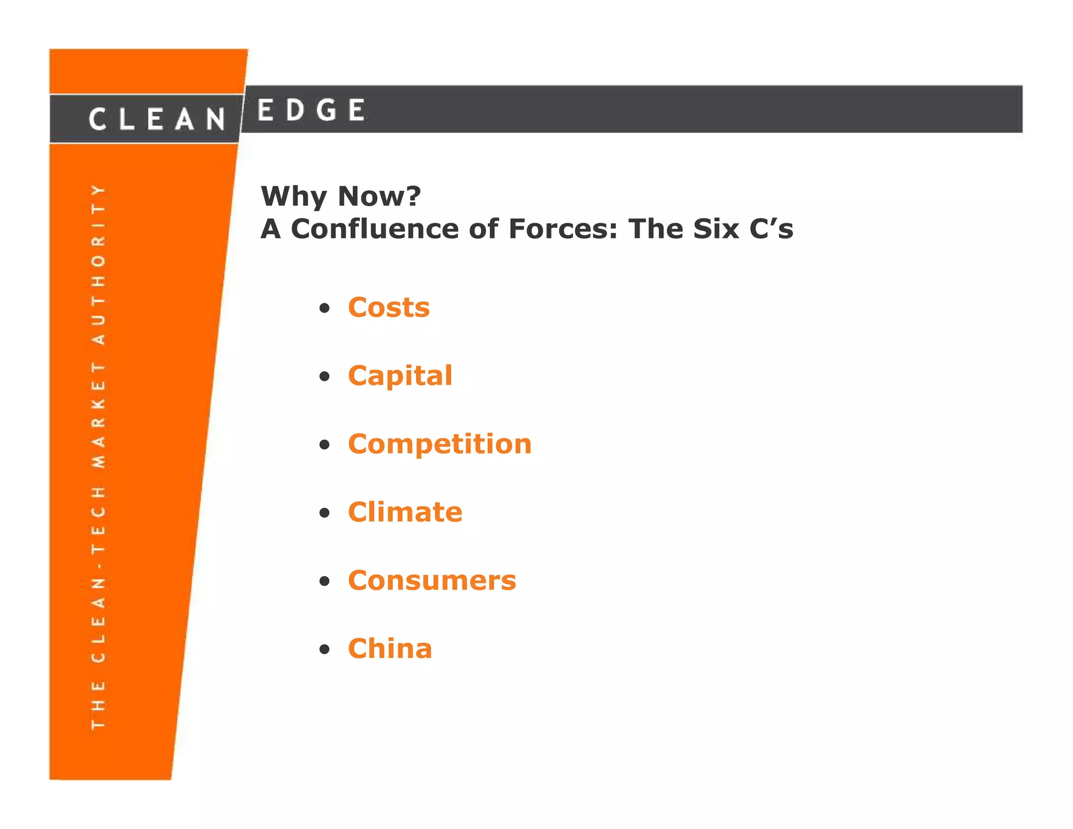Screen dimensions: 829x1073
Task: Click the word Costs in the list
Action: (x=389, y=308)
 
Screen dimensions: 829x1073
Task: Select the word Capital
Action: (x=400, y=376)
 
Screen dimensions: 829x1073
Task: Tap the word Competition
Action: (x=440, y=444)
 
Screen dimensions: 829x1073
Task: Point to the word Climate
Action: (x=405, y=512)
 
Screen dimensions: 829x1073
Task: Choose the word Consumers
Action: (x=432, y=581)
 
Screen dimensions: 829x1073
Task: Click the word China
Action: (x=390, y=649)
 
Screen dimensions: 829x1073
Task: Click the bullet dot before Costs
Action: (x=325, y=308)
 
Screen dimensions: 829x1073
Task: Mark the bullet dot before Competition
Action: (x=325, y=445)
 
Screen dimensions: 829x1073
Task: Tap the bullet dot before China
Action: (x=325, y=649)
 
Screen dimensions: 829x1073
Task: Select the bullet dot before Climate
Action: (x=325, y=513)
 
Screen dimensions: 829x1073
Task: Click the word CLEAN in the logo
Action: (x=157, y=119)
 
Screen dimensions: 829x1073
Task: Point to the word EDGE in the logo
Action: (x=311, y=111)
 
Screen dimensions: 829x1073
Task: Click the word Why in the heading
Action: (x=294, y=197)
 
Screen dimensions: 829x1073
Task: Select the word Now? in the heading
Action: (x=379, y=196)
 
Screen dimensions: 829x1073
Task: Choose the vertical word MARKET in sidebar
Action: (x=98, y=415)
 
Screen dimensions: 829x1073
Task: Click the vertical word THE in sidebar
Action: (x=98, y=705)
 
